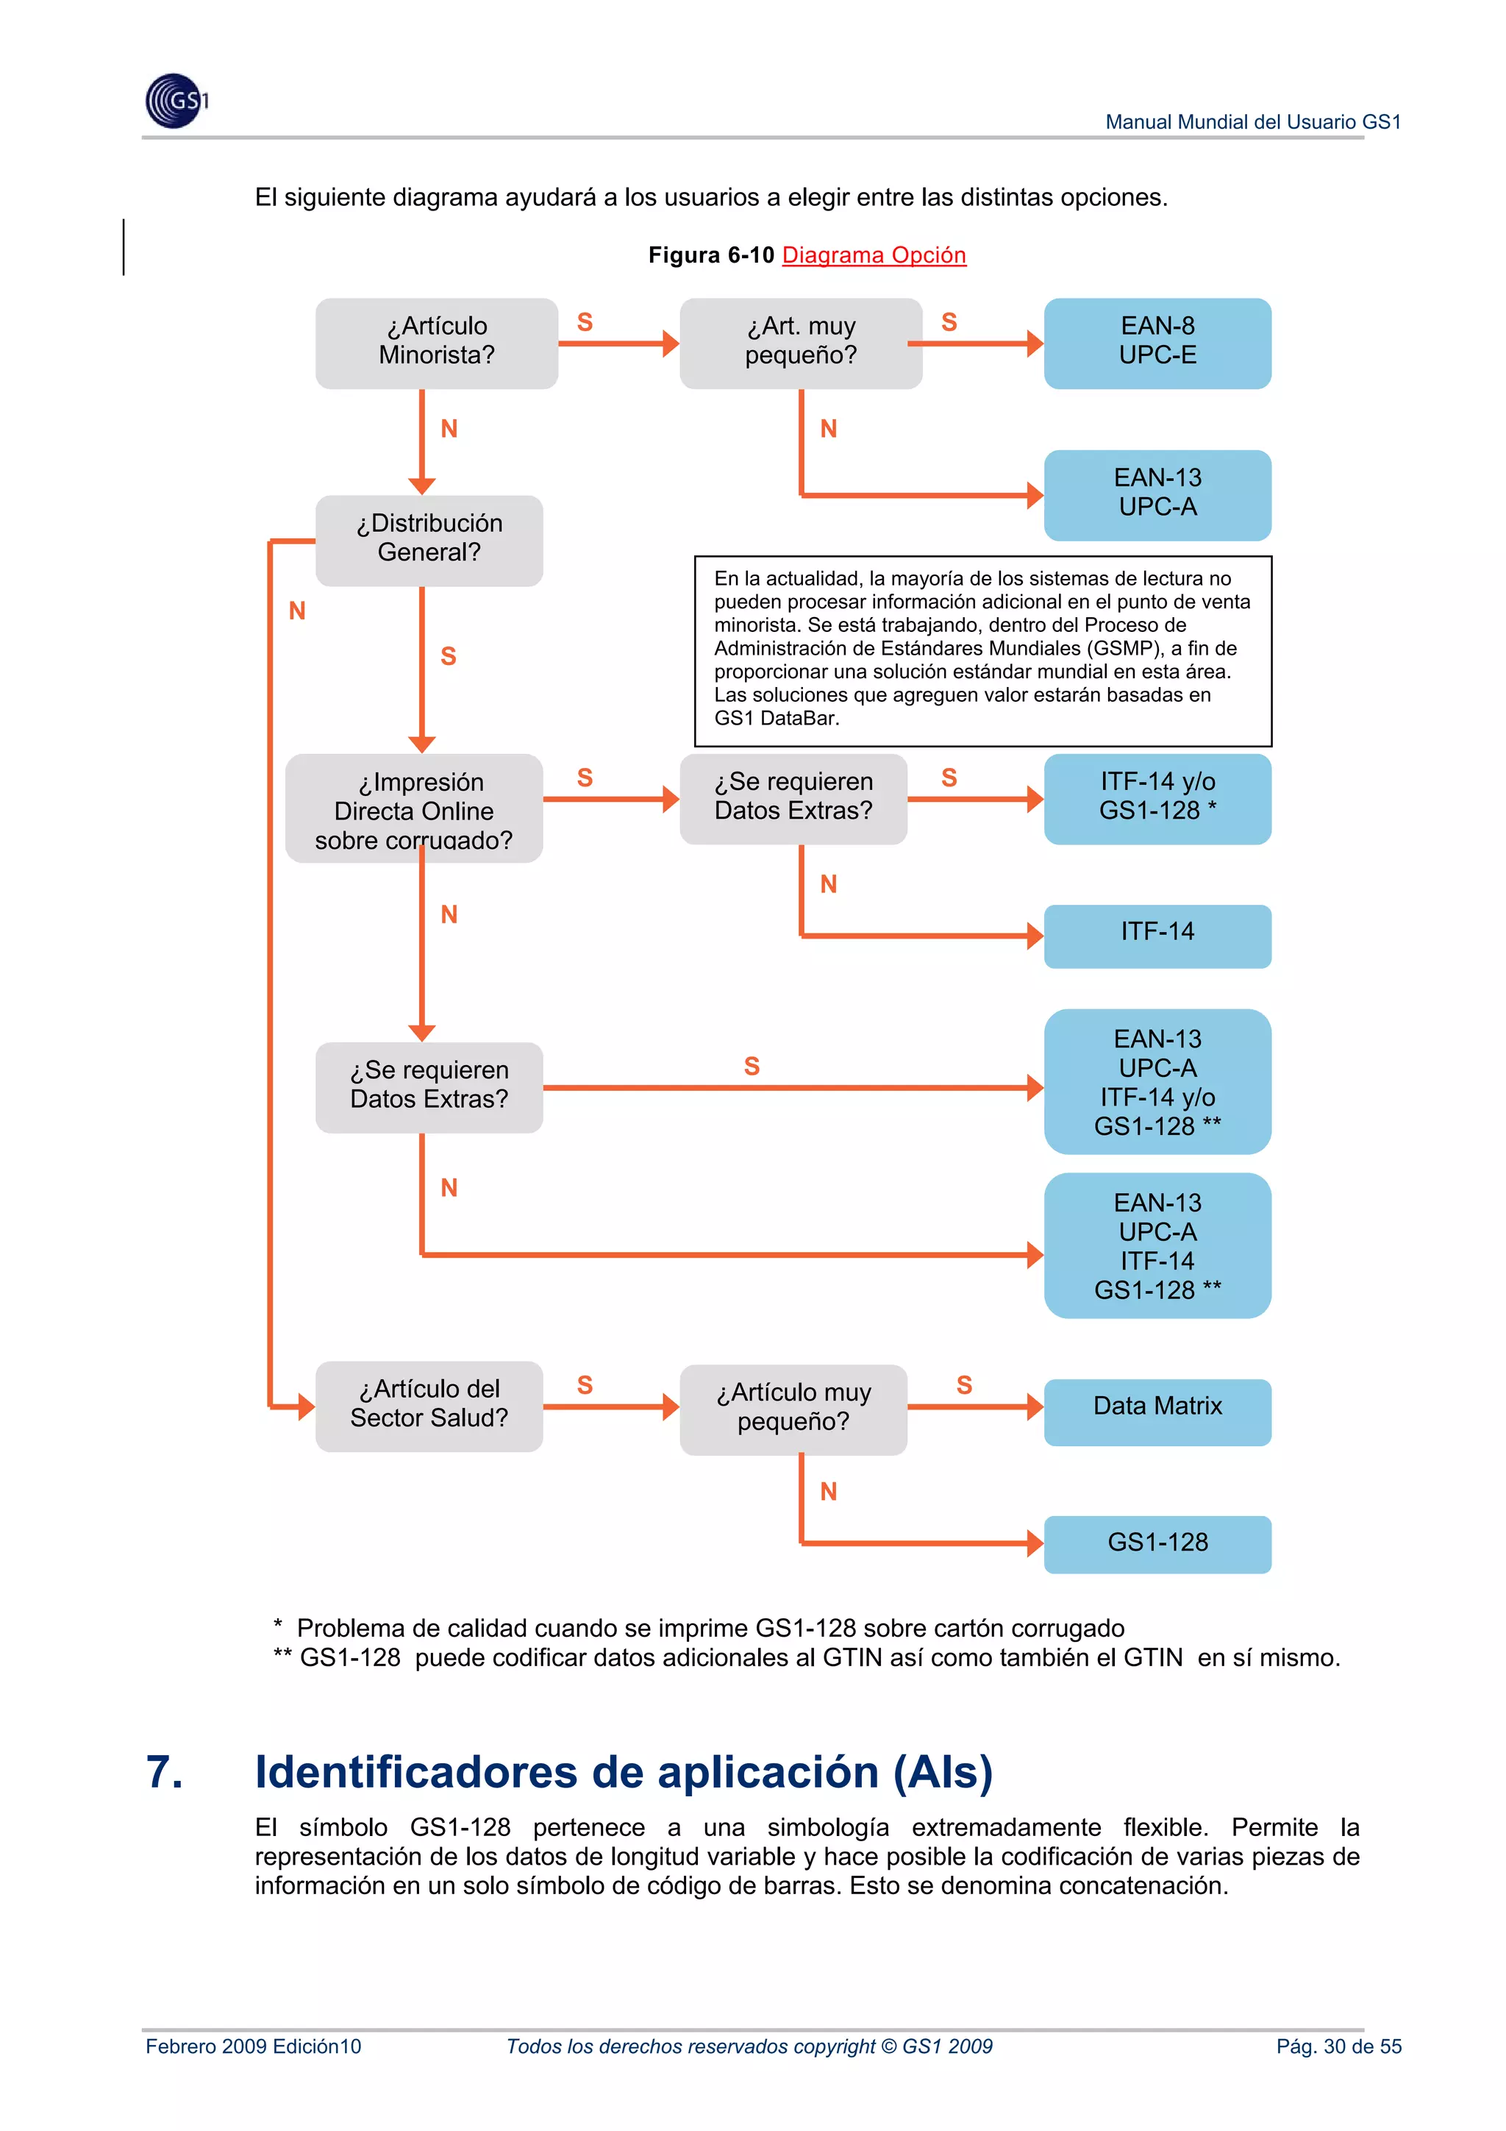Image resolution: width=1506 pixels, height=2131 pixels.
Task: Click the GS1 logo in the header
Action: click(x=176, y=100)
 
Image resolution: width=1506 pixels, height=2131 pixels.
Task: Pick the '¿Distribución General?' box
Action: click(x=429, y=539)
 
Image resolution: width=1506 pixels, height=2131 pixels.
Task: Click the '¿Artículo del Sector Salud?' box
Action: click(x=429, y=1404)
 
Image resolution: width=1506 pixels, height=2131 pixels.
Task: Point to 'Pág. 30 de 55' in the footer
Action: click(x=1338, y=2046)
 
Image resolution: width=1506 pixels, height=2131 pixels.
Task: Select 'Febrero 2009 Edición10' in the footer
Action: click(x=253, y=2046)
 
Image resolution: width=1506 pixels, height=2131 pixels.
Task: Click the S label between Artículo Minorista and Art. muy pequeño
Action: click(x=585, y=322)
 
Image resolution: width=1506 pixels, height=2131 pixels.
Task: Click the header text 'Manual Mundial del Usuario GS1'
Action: click(x=1253, y=121)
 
